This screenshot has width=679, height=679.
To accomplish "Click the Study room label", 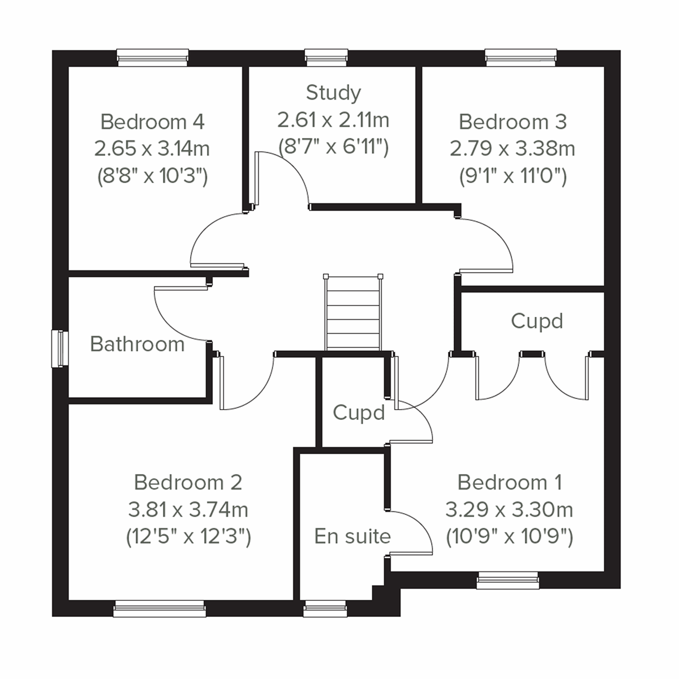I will [333, 93].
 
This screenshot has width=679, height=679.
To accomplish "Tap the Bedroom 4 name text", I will [152, 122].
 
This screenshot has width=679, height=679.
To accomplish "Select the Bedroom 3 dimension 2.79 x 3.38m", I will [512, 149].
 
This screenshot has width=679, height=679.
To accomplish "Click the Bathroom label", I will [137, 344].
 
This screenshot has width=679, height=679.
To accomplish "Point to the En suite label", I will [352, 536].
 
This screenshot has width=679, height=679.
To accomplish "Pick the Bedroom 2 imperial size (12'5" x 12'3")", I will [188, 536].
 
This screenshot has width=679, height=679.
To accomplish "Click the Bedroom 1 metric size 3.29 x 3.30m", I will [509, 510].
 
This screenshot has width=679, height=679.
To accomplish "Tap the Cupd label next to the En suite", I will [359, 412].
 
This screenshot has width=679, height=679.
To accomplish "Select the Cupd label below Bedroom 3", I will [536, 321].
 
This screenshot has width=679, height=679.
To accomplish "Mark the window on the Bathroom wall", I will [59, 349].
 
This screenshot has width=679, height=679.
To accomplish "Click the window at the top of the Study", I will [326, 58].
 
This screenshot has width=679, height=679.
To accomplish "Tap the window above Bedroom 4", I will [152, 58].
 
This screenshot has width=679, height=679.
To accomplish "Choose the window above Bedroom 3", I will [521, 58].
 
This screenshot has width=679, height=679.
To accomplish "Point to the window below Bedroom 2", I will [159, 609].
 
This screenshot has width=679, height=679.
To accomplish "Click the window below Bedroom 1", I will [508, 581].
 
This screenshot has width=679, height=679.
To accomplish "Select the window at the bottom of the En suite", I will [325, 609].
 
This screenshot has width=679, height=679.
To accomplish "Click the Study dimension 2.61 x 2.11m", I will [333, 120].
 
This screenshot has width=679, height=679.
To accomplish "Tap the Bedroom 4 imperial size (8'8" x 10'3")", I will [152, 176].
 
